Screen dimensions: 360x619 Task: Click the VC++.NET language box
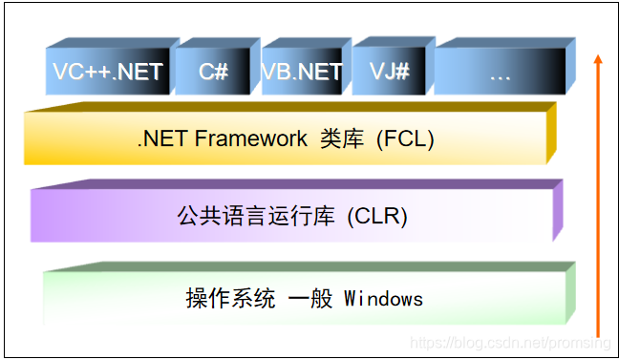coord(108,72)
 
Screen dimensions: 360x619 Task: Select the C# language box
coord(213,72)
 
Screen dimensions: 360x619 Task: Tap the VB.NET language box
coord(302,72)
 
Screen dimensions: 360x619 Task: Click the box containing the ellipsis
coord(499,72)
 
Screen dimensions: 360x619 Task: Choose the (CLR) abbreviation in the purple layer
coord(376,217)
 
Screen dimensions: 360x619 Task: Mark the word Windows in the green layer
coord(383,298)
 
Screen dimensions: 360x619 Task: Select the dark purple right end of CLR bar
coord(558,212)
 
